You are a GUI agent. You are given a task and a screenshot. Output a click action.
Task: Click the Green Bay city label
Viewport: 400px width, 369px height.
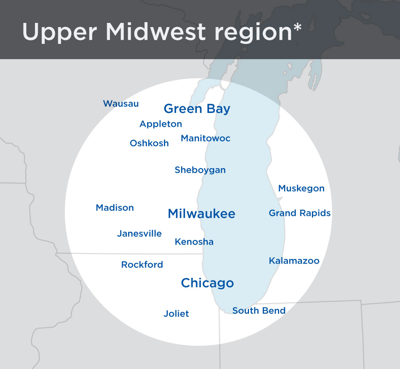pyautogui.click(x=197, y=109)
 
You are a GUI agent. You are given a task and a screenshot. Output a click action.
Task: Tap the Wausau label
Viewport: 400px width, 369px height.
pyautogui.click(x=121, y=103)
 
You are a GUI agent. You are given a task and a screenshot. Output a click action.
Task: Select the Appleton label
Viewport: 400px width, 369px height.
pyautogui.click(x=161, y=124)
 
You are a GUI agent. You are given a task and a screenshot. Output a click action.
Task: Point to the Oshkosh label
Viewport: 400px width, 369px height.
pyautogui.click(x=149, y=143)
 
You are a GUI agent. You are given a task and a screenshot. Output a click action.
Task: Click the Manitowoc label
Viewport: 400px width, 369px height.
pyautogui.click(x=206, y=138)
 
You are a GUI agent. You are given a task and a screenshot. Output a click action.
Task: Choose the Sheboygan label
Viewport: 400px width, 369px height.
pyautogui.click(x=200, y=170)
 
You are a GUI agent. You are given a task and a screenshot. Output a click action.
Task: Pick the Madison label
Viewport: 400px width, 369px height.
pyautogui.click(x=115, y=208)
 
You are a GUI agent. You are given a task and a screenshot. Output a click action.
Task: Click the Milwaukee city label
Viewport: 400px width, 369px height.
pyautogui.click(x=201, y=213)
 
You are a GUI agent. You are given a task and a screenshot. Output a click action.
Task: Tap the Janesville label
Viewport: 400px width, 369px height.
pyautogui.click(x=139, y=234)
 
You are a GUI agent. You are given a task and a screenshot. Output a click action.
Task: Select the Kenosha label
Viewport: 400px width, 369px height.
pyautogui.click(x=194, y=242)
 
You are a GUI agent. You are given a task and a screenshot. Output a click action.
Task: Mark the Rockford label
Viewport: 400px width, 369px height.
pyautogui.click(x=142, y=264)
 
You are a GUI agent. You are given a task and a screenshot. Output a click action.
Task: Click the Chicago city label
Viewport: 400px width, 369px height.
pyautogui.click(x=207, y=283)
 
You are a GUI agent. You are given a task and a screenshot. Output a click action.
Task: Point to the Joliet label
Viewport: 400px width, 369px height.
pyautogui.click(x=176, y=314)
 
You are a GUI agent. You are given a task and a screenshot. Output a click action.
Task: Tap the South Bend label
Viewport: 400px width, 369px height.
pyautogui.click(x=259, y=311)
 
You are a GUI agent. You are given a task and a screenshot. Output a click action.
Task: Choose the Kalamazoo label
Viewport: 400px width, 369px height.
pyautogui.click(x=294, y=261)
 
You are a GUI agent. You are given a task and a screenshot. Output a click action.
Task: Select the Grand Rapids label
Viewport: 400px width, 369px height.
pyautogui.click(x=300, y=213)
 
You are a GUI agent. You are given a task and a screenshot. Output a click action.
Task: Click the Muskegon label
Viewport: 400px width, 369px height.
pyautogui.click(x=301, y=188)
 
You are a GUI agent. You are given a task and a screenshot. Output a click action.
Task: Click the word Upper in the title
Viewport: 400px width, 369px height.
pyautogui.click(x=60, y=32)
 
